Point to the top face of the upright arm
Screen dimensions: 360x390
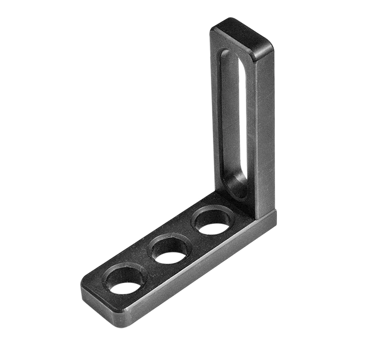[243, 36]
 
